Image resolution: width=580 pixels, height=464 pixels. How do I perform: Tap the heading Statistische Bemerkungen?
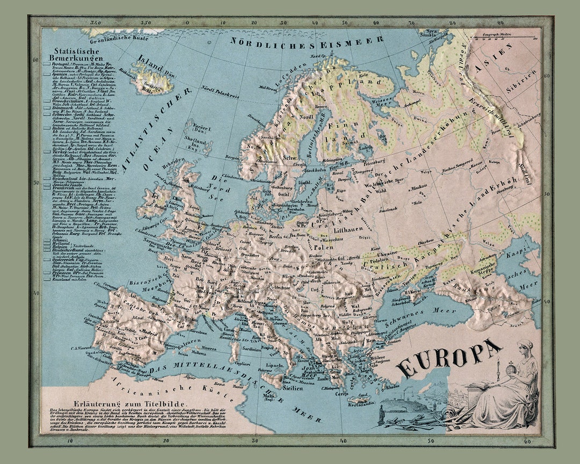click(66, 54)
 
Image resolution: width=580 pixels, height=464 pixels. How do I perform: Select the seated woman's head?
click(525, 346)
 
